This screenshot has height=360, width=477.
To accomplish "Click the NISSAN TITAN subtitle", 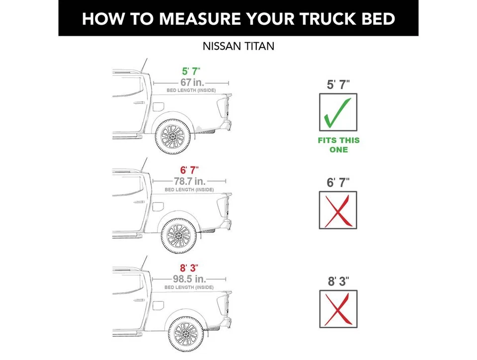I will click(x=238, y=46).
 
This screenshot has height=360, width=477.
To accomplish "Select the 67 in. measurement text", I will click(x=192, y=82).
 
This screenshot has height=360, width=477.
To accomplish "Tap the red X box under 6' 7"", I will click(x=338, y=210).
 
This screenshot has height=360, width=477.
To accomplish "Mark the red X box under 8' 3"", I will click(x=338, y=308).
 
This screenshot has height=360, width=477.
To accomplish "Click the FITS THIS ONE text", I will click(x=338, y=145).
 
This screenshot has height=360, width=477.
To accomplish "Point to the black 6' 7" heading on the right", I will click(x=338, y=182).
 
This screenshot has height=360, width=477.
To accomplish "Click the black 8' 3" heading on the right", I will click(x=338, y=281).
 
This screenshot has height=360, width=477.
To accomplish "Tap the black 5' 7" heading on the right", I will click(x=338, y=84).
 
